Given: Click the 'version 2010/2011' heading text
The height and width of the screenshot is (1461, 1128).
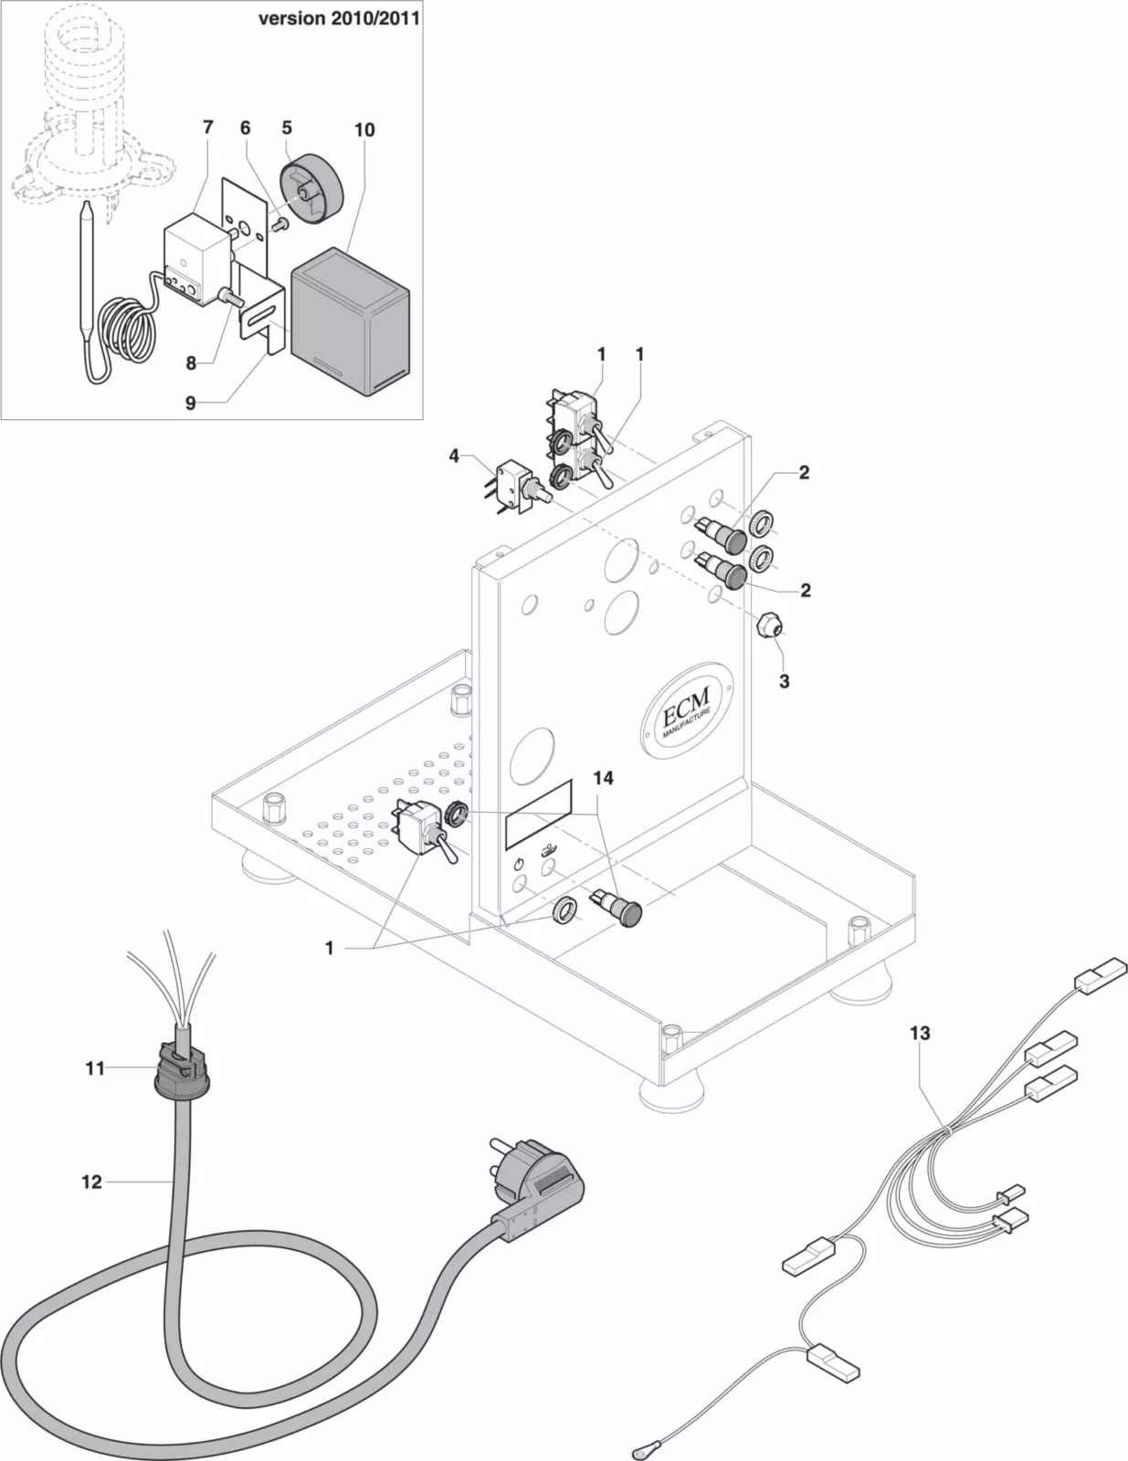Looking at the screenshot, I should point(339,19).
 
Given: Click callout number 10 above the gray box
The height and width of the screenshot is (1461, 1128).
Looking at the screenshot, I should point(364,131).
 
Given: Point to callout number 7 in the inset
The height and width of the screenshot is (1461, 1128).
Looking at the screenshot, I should point(208,128).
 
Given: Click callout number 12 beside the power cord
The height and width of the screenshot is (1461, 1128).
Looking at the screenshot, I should point(91,1182).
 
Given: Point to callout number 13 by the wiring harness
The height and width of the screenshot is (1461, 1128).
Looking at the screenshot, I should point(920,1033).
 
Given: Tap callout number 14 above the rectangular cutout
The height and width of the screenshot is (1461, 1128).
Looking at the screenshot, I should point(603,778).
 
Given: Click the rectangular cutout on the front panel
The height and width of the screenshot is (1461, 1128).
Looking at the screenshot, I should point(539,813).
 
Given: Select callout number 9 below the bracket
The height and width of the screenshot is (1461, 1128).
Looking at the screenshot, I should point(190,403).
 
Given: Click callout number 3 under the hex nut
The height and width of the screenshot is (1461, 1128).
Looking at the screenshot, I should point(784,681).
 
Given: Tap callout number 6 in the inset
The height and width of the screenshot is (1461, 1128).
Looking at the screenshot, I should point(245,128).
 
